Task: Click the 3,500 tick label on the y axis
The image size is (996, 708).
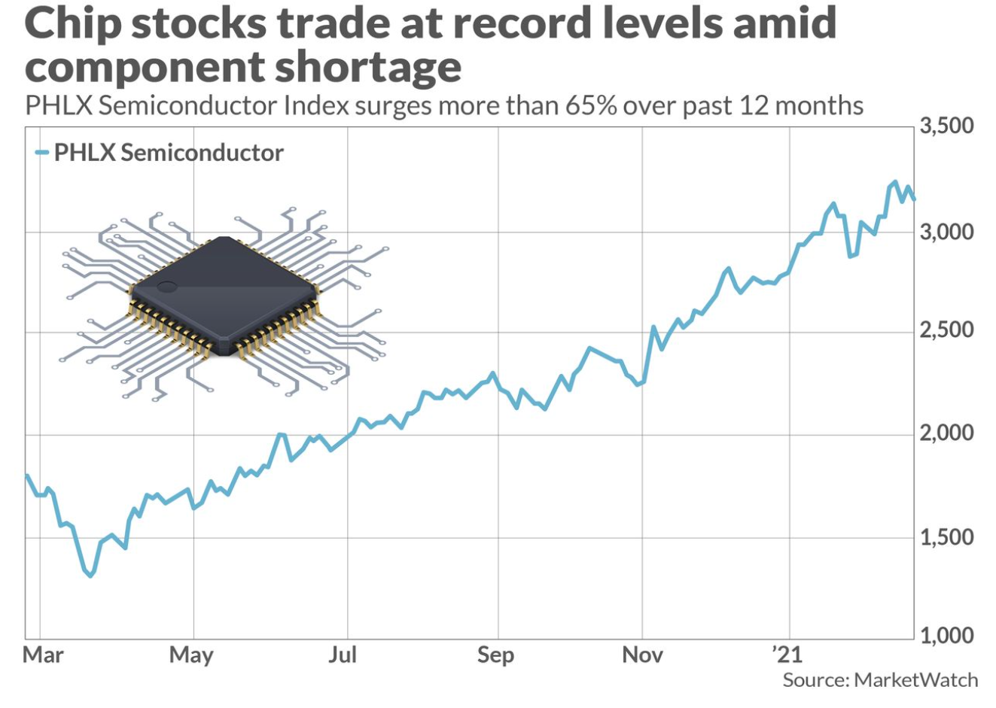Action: coord(946,126)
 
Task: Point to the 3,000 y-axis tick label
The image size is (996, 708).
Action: coord(946,232)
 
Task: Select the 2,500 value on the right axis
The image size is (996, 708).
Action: coord(946,330)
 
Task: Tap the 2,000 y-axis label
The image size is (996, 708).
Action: coord(946,434)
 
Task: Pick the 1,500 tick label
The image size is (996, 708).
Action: coord(946,538)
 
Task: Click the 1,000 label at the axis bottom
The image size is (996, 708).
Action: coord(946,637)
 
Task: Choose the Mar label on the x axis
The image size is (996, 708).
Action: coord(43,655)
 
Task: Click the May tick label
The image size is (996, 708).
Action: coord(191,655)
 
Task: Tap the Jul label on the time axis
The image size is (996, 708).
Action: coord(343,655)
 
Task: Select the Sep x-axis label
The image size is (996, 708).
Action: coord(495,655)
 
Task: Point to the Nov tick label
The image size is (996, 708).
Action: coord(642,655)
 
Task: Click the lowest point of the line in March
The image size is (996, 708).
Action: coord(90,576)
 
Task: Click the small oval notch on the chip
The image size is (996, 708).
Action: coord(166,287)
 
